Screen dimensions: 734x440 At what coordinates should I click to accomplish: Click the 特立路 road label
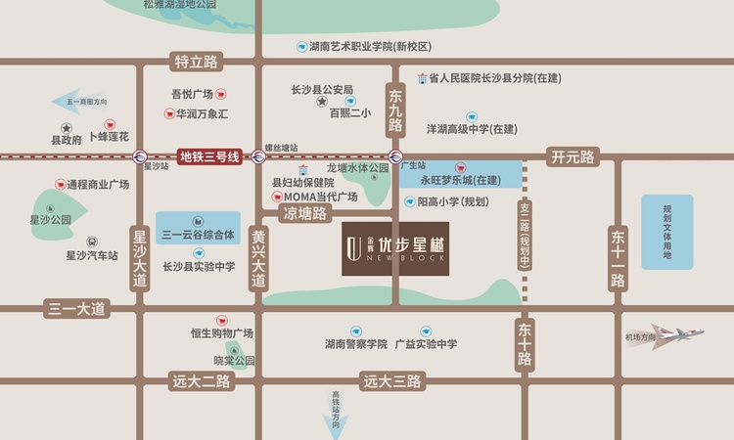196,62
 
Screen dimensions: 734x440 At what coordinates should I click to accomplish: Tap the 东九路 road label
394,110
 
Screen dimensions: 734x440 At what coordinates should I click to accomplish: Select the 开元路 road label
573,156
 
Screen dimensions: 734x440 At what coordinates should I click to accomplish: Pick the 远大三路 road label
391,381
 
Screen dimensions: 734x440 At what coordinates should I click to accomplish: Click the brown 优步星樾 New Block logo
392,254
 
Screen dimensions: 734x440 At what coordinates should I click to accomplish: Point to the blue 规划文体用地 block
667,232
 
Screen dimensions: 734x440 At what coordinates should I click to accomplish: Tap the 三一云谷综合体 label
198,235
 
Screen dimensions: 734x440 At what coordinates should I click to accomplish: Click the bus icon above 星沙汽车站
91,242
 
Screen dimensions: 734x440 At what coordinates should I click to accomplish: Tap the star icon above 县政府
67,128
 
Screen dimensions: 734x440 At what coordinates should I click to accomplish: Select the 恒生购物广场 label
222,333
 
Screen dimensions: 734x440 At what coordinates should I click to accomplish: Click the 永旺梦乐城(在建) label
460,181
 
